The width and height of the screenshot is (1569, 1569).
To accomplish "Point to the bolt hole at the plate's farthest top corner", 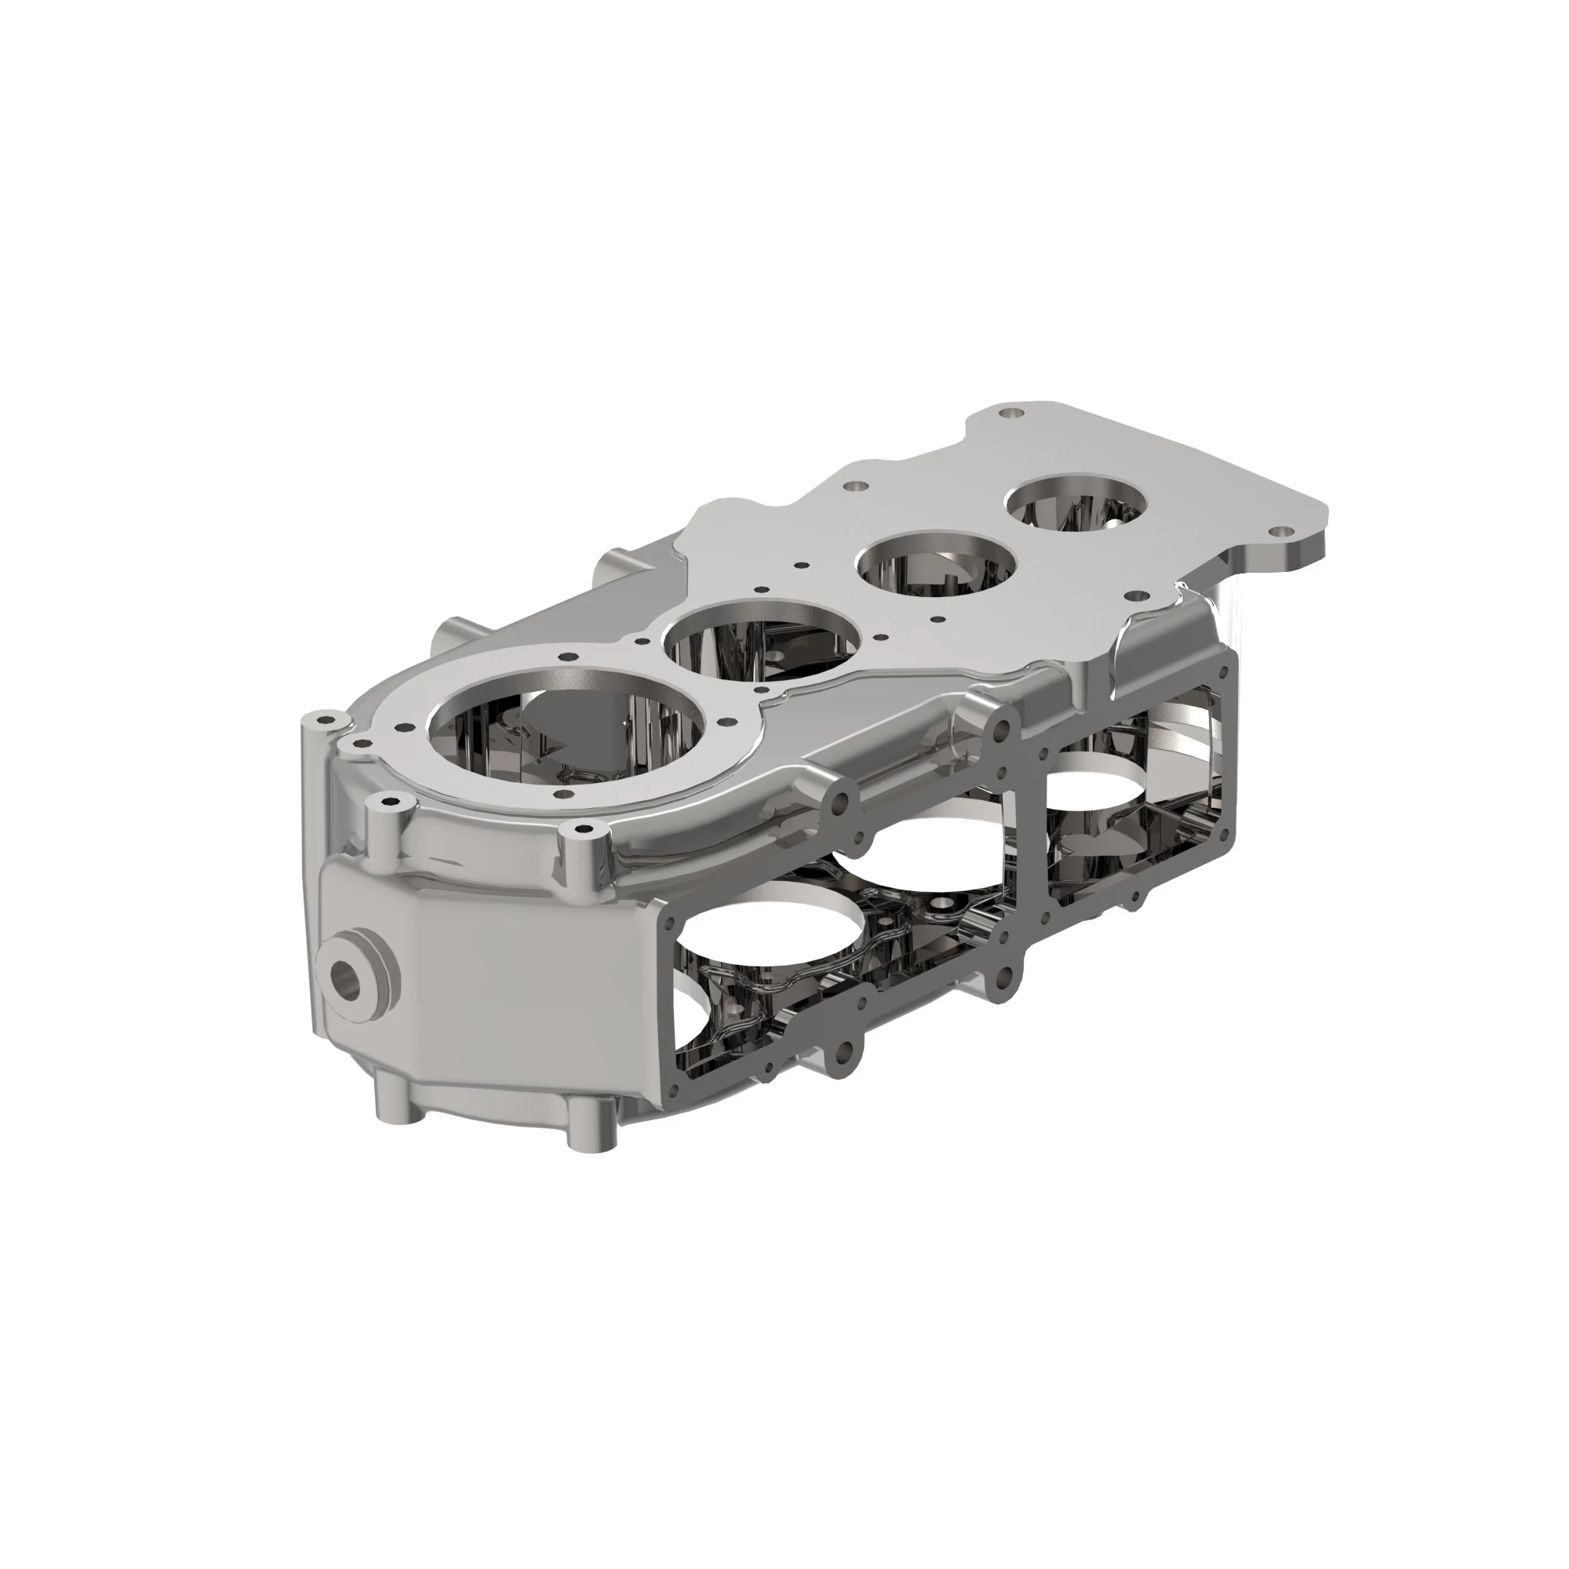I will point(1010,413).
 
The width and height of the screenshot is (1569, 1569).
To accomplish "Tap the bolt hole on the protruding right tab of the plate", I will point(1281,530).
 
